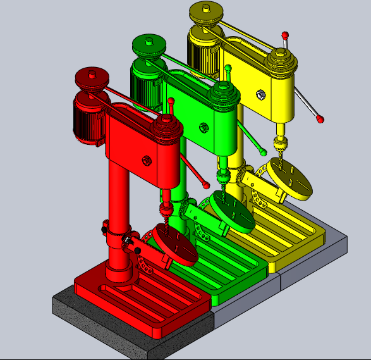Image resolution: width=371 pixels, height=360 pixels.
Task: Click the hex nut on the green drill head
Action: point(204,127)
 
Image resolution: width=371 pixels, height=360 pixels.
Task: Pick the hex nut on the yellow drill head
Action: point(258,95)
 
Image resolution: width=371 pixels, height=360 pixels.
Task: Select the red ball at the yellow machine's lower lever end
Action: point(320,118)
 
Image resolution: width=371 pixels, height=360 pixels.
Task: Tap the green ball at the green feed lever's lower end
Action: point(262,152)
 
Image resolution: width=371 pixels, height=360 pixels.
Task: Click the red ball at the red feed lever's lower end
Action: point(207,185)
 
